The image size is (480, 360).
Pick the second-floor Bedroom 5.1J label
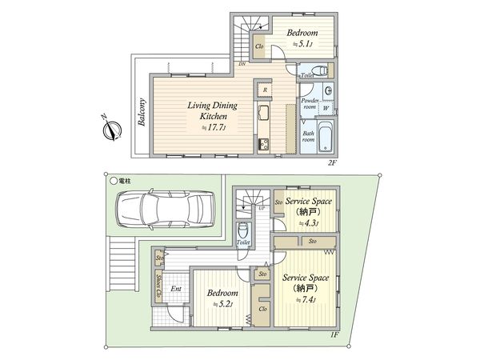click(302, 38)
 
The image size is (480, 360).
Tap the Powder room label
click(311, 105)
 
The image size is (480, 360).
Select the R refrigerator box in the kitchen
click(265, 90)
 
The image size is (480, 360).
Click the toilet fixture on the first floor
click(244, 232)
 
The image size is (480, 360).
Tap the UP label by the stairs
click(262, 209)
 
